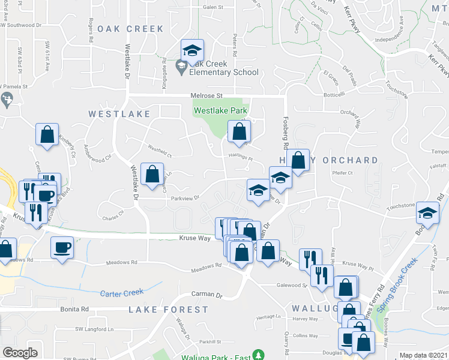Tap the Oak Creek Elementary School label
223,68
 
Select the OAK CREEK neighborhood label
130,29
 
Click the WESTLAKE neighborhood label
118,113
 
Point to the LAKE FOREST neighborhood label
169,310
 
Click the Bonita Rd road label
74,309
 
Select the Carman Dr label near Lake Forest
206,295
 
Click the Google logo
20,353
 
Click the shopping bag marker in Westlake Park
239,131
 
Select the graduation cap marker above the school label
192,50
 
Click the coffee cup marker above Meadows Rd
62,246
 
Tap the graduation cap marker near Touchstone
427,212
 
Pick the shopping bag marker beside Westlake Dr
152,174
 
